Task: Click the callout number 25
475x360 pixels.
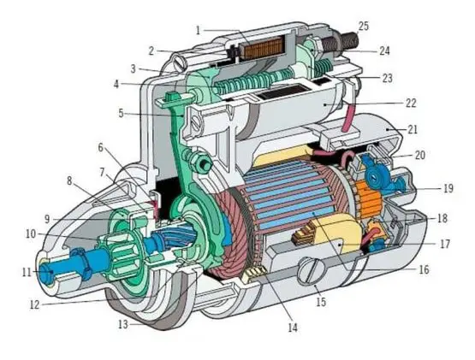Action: [x=364, y=26]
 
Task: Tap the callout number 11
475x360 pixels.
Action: [x=27, y=273]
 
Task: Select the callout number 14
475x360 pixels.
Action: [x=293, y=328]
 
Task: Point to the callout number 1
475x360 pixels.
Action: [x=199, y=30]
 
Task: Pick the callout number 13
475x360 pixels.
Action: [x=123, y=325]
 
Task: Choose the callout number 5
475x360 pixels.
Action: [x=121, y=114]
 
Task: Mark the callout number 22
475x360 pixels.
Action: [x=411, y=103]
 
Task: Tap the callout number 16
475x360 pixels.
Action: [x=425, y=269]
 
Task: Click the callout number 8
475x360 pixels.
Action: [x=69, y=181]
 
